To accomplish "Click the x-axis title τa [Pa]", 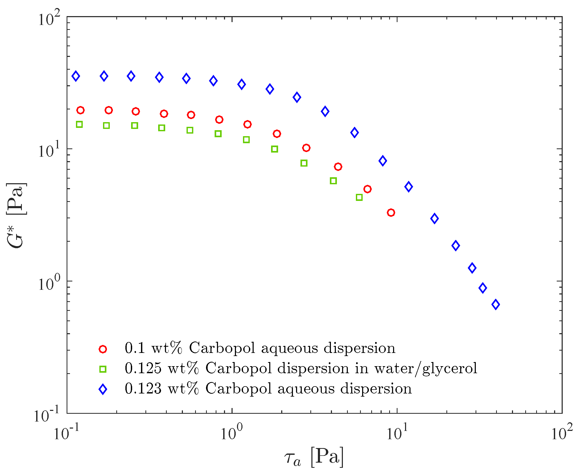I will coord(313,457).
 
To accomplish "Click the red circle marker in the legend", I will coord(103,349).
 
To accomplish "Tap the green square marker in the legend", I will coord(103,370).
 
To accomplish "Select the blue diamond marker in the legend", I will coord(103,389).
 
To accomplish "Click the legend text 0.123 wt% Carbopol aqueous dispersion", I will coord(268,389).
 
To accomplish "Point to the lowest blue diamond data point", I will coord(496,304).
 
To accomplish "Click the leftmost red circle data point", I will coord(80,110).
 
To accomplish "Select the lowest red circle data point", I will coord(391,213).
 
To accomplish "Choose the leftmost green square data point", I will coord(79,124).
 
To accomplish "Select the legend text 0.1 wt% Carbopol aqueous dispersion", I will coord(260,348).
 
